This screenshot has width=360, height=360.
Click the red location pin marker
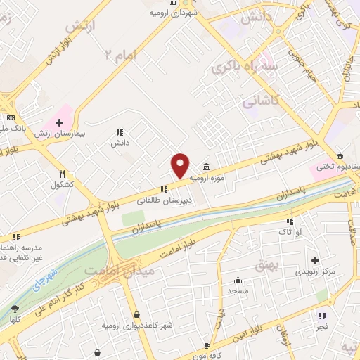[x=181, y=165]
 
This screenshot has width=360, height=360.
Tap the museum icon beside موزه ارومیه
[x=206, y=166]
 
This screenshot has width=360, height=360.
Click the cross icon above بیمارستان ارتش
[x=59, y=123]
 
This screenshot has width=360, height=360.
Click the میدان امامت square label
[x=111, y=270]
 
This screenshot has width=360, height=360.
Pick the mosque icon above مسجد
[x=238, y=279]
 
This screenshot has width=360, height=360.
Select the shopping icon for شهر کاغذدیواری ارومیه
[x=136, y=314]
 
